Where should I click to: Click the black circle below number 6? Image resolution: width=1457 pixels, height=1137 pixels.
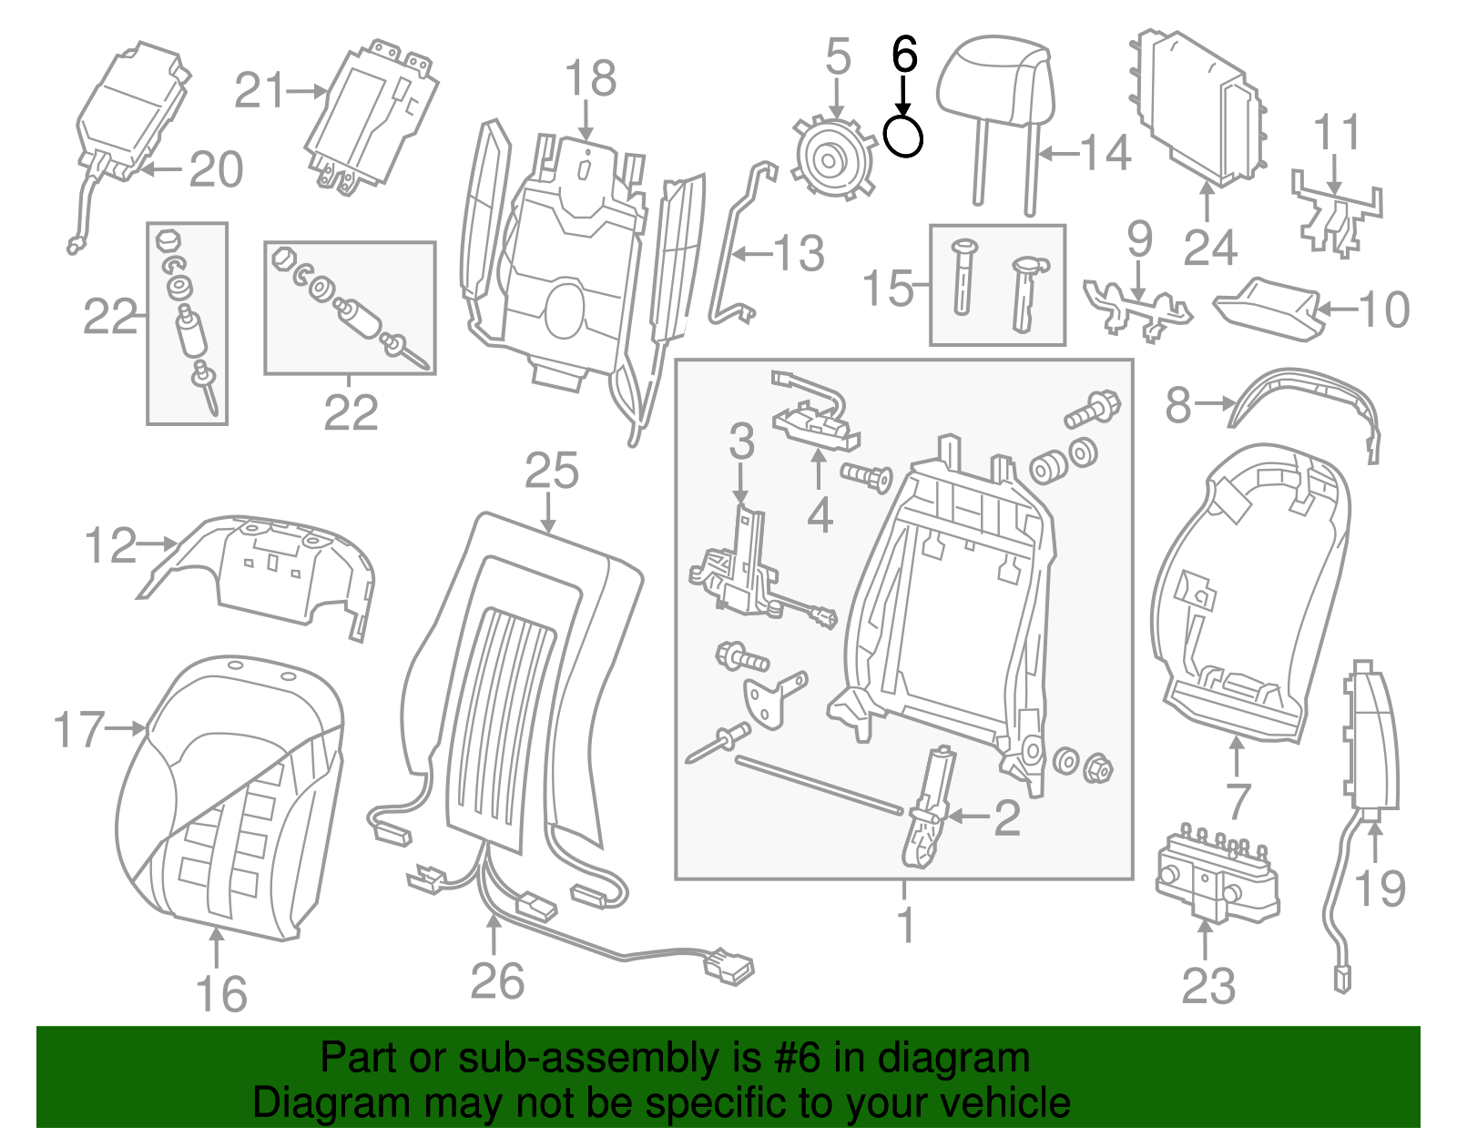[x=903, y=137]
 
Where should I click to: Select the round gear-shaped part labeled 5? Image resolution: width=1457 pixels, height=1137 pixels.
[x=830, y=160]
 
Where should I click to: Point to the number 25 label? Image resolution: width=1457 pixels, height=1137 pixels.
[x=551, y=472]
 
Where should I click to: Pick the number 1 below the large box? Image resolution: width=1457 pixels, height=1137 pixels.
[x=905, y=924]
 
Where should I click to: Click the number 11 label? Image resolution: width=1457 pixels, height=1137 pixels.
[x=1337, y=133]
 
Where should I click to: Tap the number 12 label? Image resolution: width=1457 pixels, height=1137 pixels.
[x=110, y=545]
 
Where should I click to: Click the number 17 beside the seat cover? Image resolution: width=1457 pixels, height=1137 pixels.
[x=78, y=729]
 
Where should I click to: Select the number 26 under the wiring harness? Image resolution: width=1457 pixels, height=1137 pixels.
[x=497, y=980]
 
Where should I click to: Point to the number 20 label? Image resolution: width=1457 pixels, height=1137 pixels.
[x=216, y=169]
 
